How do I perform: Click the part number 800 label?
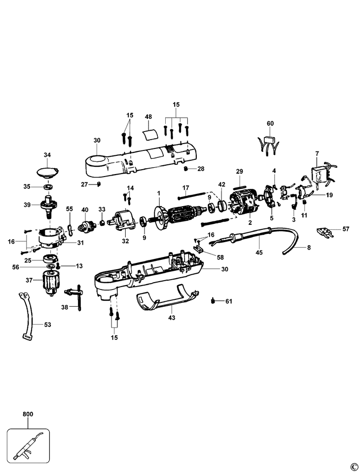click(28, 414)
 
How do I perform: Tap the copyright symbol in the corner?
click(353, 467)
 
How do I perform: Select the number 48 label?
click(148, 117)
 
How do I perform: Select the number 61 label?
click(228, 301)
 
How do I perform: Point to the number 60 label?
click(270, 123)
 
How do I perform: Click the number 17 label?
click(186, 188)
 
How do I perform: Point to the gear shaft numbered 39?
click(49, 205)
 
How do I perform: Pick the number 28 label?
click(201, 169)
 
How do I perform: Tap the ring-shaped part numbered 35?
click(48, 187)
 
